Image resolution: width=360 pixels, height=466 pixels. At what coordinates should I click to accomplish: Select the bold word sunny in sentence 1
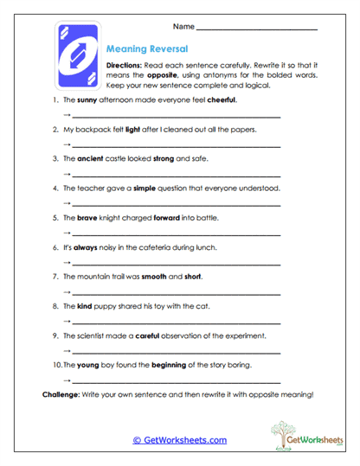[x=87, y=100]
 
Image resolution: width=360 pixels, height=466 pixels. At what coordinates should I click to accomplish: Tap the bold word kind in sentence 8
[x=86, y=306]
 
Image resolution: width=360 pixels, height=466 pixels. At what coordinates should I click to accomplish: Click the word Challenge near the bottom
[x=63, y=394]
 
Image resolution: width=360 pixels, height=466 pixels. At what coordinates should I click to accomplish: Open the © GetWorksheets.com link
[x=179, y=440]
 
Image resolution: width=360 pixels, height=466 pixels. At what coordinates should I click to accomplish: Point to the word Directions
[x=123, y=67]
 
